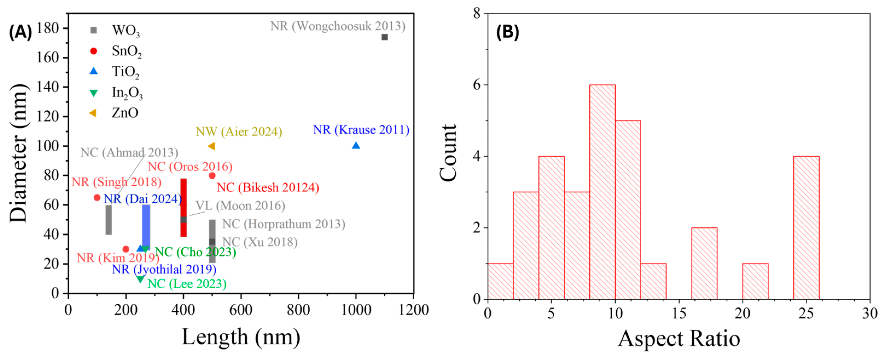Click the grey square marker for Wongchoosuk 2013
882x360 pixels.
coord(385,37)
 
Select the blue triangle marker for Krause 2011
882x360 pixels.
coord(356,146)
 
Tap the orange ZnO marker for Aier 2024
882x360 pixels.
coord(211,146)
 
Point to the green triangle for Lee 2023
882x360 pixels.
coord(140,279)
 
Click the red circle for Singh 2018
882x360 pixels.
coord(97,198)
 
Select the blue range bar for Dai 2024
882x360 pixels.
coord(146,226)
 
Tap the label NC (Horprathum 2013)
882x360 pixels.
coord(284,224)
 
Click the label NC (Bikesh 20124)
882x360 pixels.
coord(268,187)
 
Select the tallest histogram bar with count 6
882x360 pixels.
coord(602,192)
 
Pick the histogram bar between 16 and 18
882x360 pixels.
coord(704,263)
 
